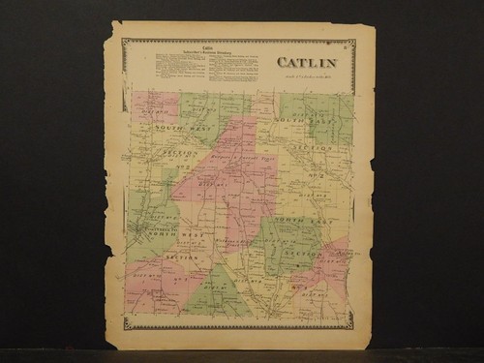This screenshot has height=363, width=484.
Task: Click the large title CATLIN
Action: coord(309,63)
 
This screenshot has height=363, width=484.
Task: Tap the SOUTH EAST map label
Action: coord(289,119)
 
